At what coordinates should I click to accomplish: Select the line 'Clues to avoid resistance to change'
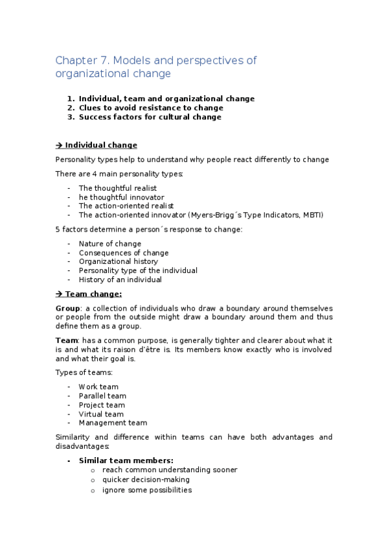tap(151, 108)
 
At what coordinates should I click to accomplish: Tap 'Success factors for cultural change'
tap(150, 117)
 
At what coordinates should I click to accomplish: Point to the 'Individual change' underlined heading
tap(101, 145)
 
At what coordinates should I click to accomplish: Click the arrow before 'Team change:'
tap(60, 294)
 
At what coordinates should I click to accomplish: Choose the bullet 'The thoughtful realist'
tap(117, 188)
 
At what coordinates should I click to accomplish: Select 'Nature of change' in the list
tap(109, 244)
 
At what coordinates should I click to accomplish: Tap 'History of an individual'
tap(120, 280)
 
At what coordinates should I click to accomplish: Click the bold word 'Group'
tap(68, 307)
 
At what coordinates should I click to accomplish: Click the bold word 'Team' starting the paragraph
tap(67, 341)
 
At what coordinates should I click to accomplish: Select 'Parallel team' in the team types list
tap(102, 396)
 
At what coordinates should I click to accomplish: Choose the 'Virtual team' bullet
tap(101, 414)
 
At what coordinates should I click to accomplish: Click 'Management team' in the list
tap(113, 423)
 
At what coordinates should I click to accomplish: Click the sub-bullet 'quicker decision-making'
tap(146, 480)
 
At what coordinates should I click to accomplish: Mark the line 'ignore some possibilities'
tap(146, 490)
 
